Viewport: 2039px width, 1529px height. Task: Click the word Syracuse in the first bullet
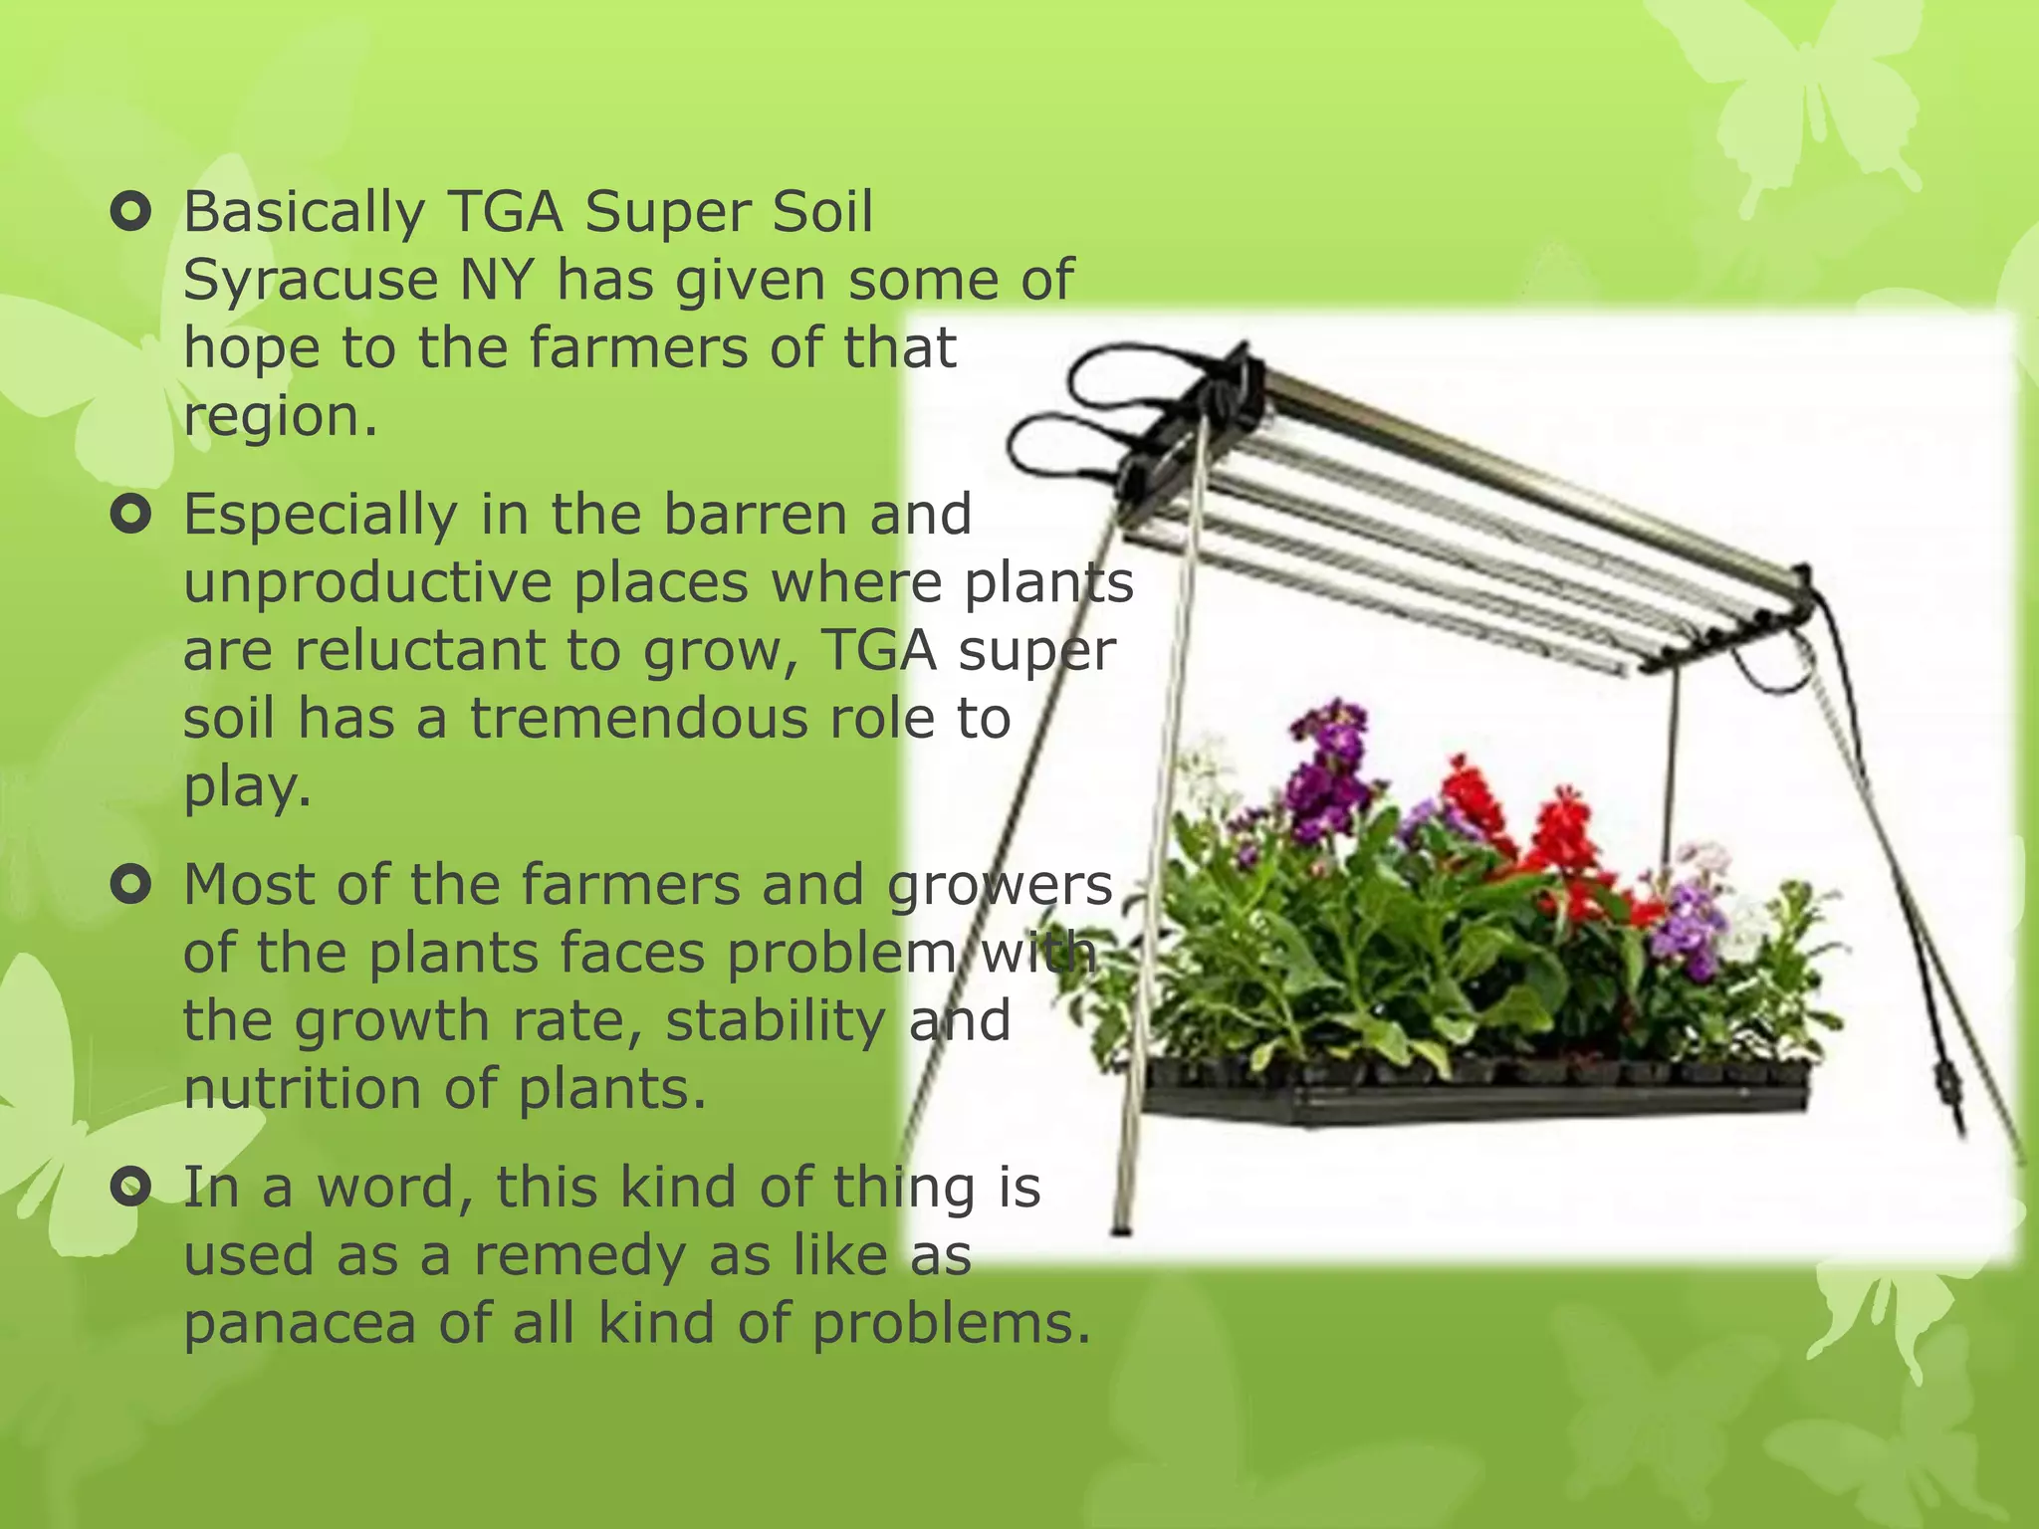click(x=310, y=281)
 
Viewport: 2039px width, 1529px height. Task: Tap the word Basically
click(x=305, y=213)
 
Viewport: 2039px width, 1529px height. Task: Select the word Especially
click(x=321, y=516)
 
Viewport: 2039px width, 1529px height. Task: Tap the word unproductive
click(x=367, y=583)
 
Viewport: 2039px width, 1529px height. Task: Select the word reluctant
click(x=420, y=651)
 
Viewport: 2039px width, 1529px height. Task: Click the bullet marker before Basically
click(x=130, y=212)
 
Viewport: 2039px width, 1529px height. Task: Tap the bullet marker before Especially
click(x=130, y=515)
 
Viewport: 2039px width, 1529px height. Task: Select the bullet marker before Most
click(x=130, y=884)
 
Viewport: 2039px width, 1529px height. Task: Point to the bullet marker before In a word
click(x=130, y=1187)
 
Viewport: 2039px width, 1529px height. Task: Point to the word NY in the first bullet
click(x=497, y=280)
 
